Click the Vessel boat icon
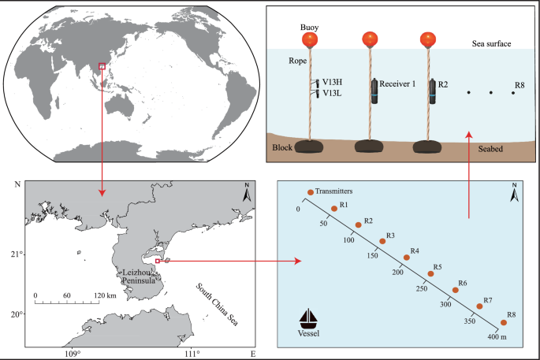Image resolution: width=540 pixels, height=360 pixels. [311, 320]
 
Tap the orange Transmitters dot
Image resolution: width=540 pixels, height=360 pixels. [310, 192]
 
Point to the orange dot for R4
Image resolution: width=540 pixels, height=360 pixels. [407, 257]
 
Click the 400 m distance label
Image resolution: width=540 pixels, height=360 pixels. [497, 338]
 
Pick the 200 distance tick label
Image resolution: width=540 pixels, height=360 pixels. [397, 272]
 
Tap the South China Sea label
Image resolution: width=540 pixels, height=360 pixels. [217, 303]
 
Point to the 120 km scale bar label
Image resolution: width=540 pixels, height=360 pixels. [106, 295]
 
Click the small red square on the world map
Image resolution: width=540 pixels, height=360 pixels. [101, 67]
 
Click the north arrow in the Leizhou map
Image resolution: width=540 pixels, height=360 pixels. [246, 195]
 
